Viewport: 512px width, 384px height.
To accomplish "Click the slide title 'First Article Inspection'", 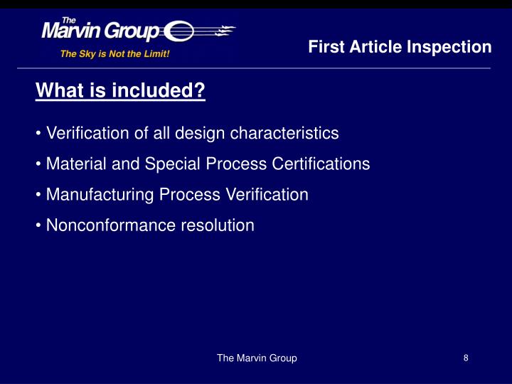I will (x=400, y=47).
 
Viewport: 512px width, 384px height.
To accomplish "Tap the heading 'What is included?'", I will (x=121, y=91).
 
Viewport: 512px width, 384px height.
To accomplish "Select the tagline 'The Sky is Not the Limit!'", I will (x=115, y=53).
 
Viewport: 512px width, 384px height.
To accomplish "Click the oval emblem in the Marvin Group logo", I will (x=178, y=32).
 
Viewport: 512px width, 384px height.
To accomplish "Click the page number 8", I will (x=466, y=358).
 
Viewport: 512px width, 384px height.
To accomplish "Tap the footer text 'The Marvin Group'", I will (x=257, y=358).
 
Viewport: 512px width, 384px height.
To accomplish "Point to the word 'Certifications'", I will (x=321, y=164).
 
